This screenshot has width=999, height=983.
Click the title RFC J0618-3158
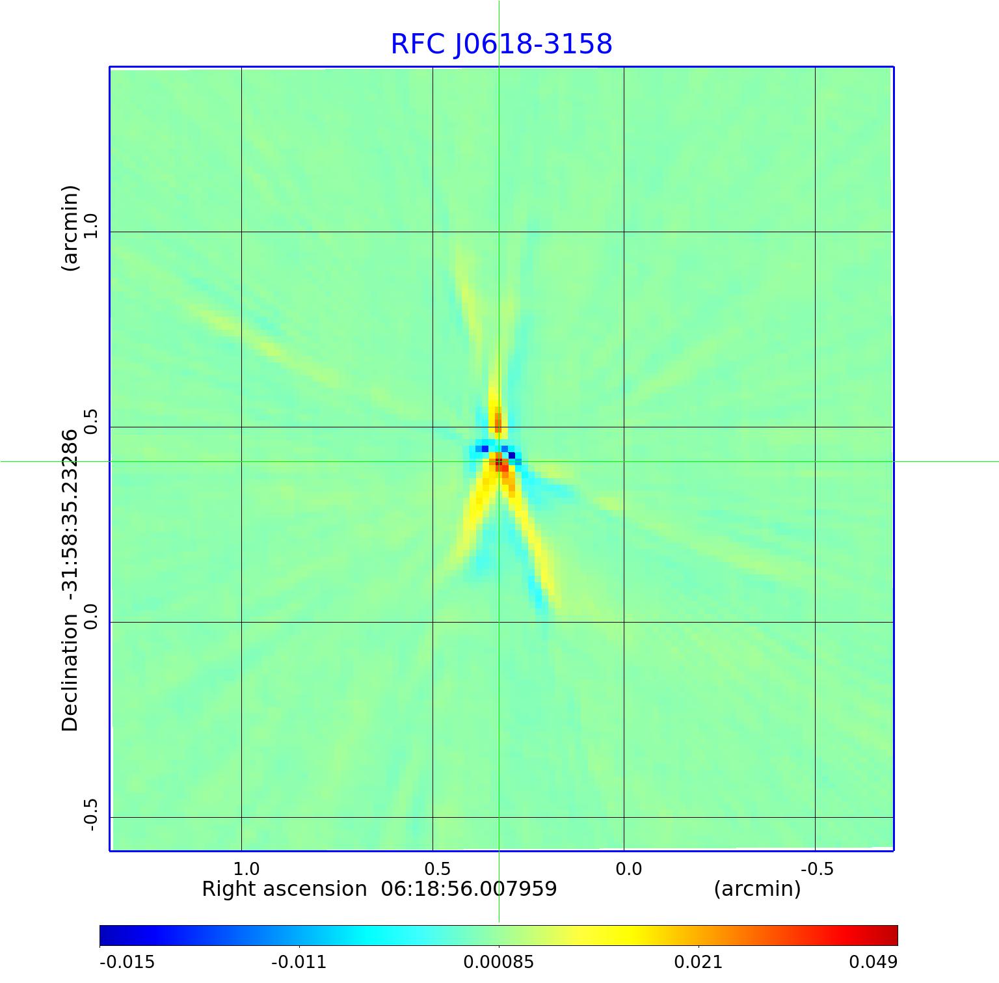501,44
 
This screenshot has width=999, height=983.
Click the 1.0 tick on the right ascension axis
246,869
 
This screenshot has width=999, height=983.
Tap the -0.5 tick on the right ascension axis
817,869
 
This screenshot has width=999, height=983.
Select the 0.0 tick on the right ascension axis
628,869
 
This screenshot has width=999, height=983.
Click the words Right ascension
284,889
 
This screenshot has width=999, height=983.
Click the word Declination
70,673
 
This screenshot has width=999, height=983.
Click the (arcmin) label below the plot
757,889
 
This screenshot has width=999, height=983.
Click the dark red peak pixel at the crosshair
499,462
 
